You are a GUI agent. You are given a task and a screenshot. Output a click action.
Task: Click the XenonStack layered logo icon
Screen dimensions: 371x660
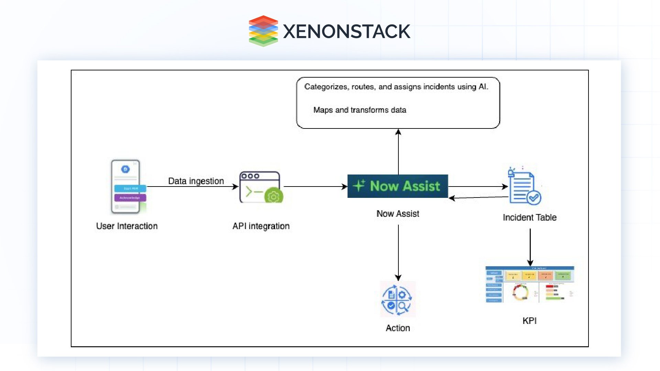pos(263,31)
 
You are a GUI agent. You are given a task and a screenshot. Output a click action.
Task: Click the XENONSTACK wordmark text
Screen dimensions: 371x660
pos(346,32)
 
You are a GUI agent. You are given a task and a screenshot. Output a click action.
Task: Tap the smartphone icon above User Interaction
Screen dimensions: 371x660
pos(126,187)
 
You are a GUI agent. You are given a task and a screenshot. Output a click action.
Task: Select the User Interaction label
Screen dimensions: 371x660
pos(127,226)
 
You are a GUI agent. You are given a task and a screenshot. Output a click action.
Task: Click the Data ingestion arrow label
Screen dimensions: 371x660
pos(196,181)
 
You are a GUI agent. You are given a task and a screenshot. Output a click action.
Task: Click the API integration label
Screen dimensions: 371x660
pos(261,226)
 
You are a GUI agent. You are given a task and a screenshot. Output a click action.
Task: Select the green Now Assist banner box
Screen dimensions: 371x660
pos(398,186)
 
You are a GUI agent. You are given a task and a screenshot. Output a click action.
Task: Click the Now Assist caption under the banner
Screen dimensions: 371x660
pos(398,214)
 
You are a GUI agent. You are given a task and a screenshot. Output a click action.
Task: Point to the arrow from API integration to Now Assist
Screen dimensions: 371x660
pos(315,187)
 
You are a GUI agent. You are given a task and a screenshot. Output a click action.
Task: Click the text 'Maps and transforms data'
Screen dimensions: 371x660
pos(360,110)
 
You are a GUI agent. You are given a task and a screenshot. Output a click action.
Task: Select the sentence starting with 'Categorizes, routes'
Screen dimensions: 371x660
pos(396,87)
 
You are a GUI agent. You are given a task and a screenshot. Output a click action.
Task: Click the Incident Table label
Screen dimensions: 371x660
pos(529,217)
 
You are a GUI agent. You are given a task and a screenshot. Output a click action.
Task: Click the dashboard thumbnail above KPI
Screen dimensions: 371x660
pos(529,284)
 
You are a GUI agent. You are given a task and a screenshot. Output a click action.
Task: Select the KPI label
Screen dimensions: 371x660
pos(529,321)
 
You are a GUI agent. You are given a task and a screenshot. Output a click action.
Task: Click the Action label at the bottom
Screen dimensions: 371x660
pos(398,328)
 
